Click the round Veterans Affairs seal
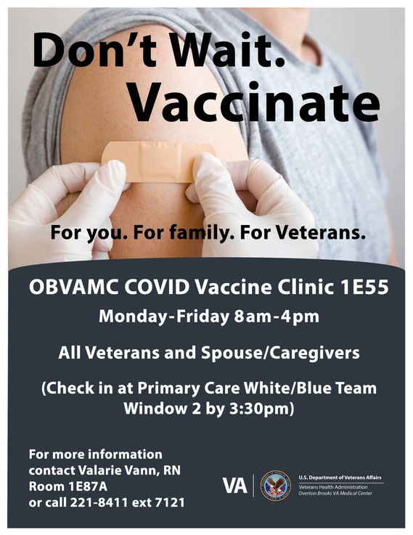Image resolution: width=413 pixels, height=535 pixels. coord(276,485)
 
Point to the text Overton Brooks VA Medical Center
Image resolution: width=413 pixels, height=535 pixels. coord(339,493)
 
